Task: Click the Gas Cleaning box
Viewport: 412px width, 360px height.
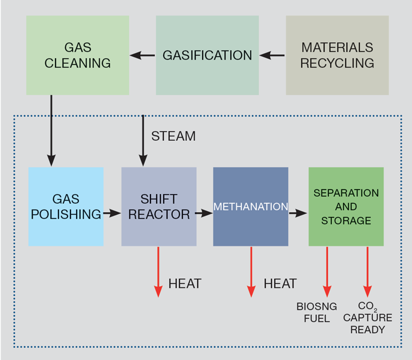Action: click(x=77, y=55)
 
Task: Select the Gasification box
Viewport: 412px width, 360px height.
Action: click(x=207, y=55)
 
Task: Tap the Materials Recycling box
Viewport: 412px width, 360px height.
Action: click(x=337, y=55)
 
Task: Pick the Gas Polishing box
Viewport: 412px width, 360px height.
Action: click(x=66, y=207)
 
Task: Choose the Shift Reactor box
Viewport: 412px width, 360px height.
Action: click(x=159, y=207)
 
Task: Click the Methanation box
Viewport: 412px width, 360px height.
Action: click(x=251, y=207)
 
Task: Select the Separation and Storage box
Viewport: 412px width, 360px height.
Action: click(x=346, y=207)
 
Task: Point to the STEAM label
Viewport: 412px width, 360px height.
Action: click(x=173, y=136)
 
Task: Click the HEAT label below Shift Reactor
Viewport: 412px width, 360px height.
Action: click(x=185, y=283)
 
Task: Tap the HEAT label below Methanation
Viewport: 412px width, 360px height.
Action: click(x=280, y=283)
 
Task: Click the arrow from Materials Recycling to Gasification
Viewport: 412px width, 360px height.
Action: click(x=273, y=56)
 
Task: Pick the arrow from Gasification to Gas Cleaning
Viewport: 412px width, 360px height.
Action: click(x=142, y=56)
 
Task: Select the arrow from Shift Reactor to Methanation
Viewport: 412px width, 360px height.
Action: click(x=204, y=213)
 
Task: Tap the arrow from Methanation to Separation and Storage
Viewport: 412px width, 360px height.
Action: click(x=298, y=213)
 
